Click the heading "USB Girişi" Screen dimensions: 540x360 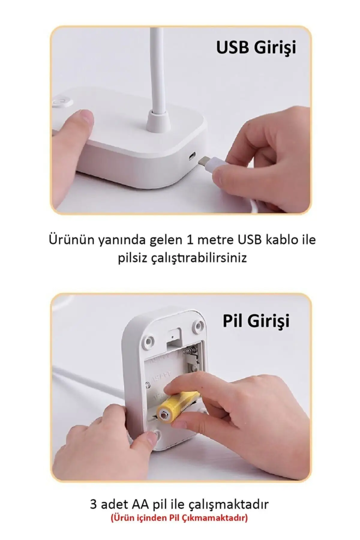point(256,48)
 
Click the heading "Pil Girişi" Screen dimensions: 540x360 point(256,321)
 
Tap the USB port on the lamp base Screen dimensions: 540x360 point(192,156)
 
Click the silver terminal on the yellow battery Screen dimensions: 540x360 point(164,415)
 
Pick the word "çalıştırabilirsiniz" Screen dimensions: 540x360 point(198,258)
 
